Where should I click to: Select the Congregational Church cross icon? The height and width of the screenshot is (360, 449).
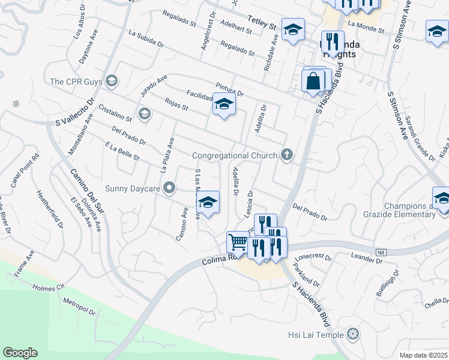[x=287, y=155]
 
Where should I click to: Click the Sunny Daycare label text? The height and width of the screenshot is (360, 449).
[x=132, y=188]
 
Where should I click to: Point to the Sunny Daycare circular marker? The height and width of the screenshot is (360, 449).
[x=169, y=188]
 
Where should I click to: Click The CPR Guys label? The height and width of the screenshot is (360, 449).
[x=75, y=82]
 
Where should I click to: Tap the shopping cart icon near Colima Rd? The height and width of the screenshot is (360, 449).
[x=238, y=242]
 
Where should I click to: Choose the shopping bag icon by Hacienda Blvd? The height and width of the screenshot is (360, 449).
[x=313, y=80]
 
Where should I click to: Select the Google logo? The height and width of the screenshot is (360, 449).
[x=20, y=353]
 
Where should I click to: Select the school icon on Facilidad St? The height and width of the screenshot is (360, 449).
[x=224, y=105]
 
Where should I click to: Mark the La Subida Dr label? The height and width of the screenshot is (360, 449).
[x=145, y=39]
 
